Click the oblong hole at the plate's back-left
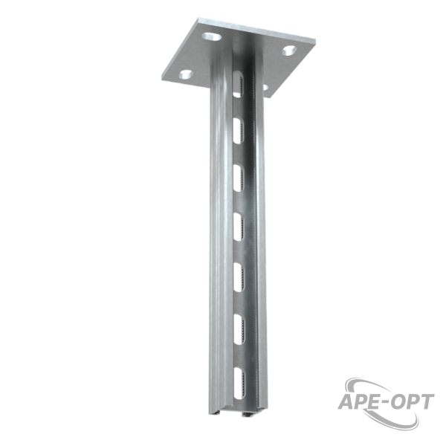click(212, 36)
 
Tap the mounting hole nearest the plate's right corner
click(289, 51)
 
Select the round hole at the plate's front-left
click(186, 74)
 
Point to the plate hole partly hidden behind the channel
click(265, 88)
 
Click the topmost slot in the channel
click(238, 85)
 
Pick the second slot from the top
click(239, 131)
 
